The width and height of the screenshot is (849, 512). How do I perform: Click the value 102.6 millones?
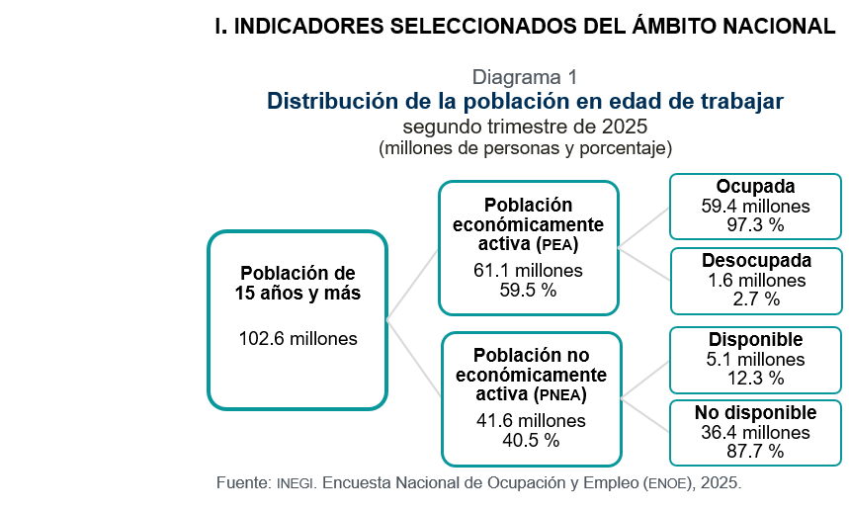(297, 339)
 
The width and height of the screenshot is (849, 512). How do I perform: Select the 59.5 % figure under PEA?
(528, 290)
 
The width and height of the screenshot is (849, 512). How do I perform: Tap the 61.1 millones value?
(528, 270)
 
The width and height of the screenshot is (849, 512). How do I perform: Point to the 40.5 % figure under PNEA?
(531, 440)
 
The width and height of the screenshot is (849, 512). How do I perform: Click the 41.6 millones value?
(531, 420)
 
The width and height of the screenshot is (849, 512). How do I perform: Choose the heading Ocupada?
(755, 186)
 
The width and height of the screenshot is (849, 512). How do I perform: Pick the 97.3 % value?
(755, 224)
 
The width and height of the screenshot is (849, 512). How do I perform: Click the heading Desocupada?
(756, 260)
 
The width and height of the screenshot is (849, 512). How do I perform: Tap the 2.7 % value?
(756, 299)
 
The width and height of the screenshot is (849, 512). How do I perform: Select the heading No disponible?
(755, 412)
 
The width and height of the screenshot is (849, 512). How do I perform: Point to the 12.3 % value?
(755, 378)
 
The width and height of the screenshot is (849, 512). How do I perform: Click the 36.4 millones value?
(755, 433)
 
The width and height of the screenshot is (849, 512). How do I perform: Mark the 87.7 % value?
(755, 451)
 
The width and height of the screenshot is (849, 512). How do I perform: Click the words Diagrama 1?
(525, 77)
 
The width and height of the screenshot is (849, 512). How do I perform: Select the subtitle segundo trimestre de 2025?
(525, 127)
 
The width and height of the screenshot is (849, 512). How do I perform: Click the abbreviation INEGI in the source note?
(296, 483)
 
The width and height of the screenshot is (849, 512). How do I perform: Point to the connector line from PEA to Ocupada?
(643, 227)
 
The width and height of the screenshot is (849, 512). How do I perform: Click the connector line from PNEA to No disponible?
(645, 415)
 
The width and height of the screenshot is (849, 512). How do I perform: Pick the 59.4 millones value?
(755, 206)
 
